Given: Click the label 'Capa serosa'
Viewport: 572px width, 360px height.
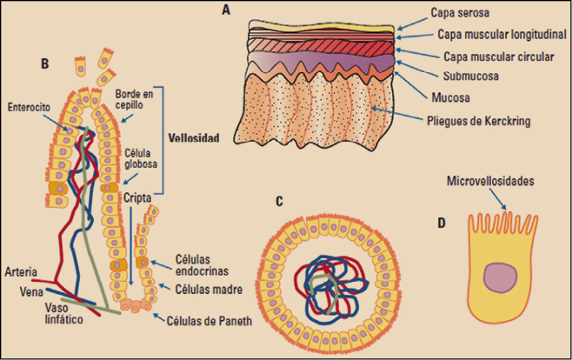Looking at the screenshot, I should pyautogui.click(x=461, y=15).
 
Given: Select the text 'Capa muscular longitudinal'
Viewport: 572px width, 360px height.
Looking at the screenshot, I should pyautogui.click(x=494, y=36).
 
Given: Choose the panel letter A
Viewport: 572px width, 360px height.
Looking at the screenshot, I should pyautogui.click(x=226, y=10).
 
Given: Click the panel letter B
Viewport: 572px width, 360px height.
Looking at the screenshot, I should pyautogui.click(x=44, y=63).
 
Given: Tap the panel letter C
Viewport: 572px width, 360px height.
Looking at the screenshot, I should pyautogui.click(x=279, y=202).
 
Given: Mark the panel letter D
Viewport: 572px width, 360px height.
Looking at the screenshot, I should pyautogui.click(x=442, y=223).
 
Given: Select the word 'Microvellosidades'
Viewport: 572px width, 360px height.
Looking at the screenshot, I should pyautogui.click(x=490, y=183).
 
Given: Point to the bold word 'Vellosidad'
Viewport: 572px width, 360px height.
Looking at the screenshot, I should pyautogui.click(x=194, y=138).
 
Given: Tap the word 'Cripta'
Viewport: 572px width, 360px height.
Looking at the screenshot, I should pyautogui.click(x=138, y=198).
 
